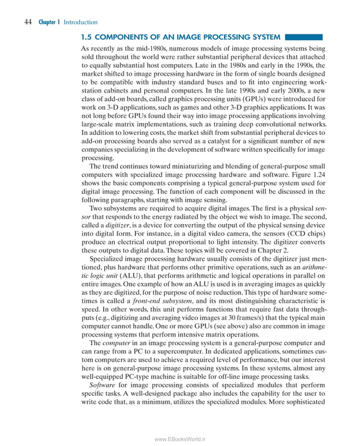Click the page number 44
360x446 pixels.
[27, 22]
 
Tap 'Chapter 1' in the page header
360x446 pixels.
[49, 22]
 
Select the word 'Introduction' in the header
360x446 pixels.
[80, 22]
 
